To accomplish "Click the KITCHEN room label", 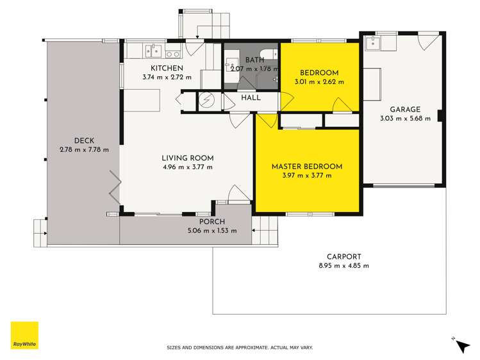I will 167,69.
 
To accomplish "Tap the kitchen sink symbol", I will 152,49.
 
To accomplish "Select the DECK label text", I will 84,141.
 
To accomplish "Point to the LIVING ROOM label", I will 187,158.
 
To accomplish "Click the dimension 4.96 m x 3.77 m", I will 187,167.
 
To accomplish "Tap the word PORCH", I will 202,222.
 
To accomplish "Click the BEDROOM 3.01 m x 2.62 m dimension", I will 319,82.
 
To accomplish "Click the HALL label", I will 250,98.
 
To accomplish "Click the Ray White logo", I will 24,336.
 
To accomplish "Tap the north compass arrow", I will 461,346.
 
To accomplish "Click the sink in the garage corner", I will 373,44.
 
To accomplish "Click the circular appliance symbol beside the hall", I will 207,101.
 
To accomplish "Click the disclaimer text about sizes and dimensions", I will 240,347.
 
